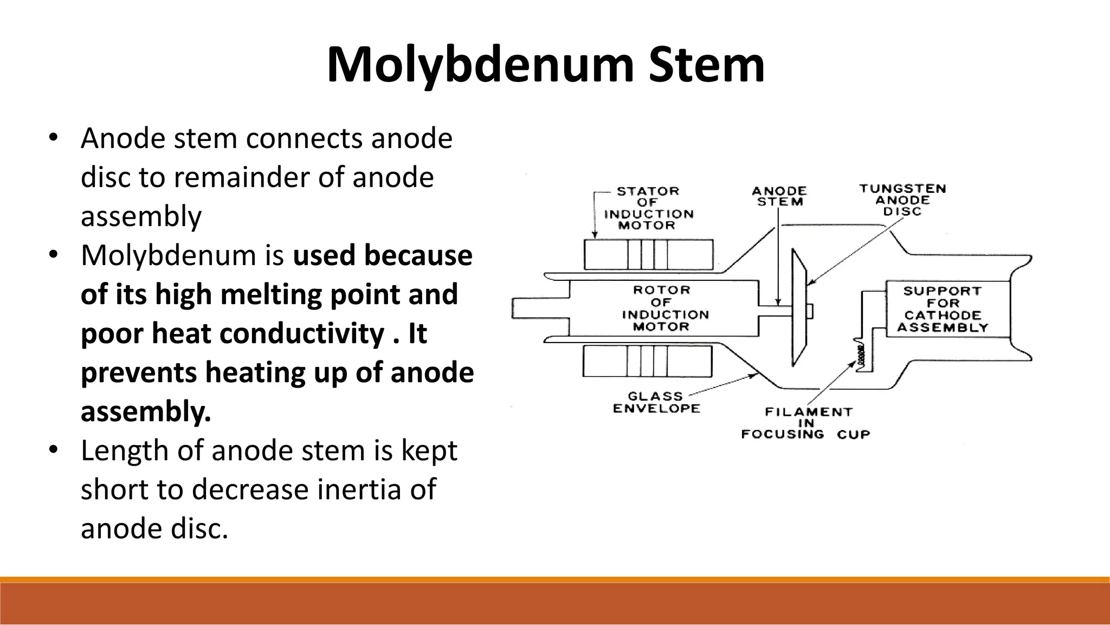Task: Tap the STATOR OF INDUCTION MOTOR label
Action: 648,208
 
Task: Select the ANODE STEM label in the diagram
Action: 779,196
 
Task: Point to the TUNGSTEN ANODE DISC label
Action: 902,200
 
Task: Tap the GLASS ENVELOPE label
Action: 656,402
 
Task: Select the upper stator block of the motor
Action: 648,254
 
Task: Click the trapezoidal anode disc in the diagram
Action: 799,307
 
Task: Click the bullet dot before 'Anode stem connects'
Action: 53,137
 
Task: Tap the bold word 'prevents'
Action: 139,372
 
